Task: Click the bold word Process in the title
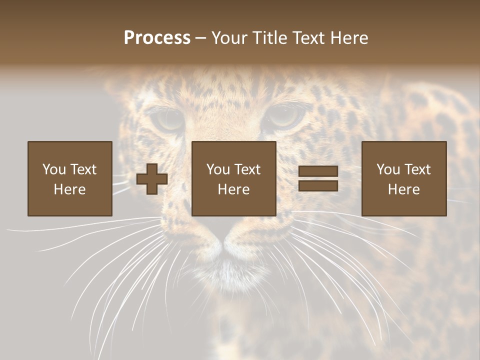(x=157, y=37)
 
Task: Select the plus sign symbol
(x=152, y=179)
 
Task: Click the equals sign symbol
(x=318, y=178)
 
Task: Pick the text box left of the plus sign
(x=70, y=178)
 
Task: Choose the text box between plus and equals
(x=234, y=178)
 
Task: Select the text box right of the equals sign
(x=404, y=178)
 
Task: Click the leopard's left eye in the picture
(x=167, y=119)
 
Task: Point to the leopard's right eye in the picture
(x=285, y=117)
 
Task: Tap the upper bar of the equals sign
(x=318, y=171)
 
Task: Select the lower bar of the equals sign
(x=318, y=185)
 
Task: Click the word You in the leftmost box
(x=54, y=169)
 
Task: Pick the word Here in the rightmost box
(x=404, y=189)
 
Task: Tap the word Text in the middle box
(x=247, y=169)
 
